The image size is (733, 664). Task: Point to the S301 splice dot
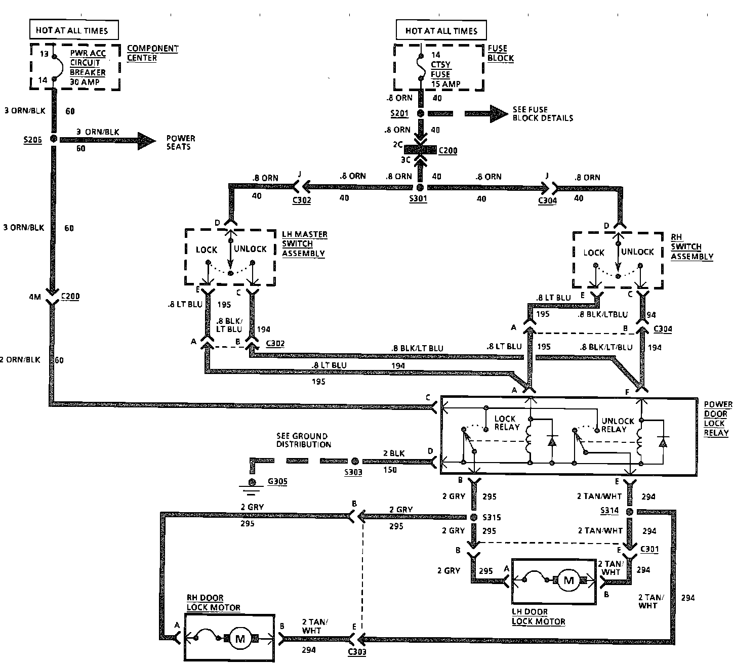pos(419,187)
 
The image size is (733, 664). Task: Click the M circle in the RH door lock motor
pos(240,639)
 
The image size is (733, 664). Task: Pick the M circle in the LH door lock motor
pos(568,580)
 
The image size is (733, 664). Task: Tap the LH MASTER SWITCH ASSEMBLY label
pos(304,244)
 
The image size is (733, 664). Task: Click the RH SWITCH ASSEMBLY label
pos(691,247)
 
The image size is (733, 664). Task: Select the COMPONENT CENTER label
pos(152,53)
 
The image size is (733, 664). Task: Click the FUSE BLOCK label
pos(500,53)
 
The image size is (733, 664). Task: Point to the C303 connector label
pos(357,652)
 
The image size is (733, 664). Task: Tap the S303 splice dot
pos(355,461)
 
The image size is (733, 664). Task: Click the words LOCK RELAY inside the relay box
pos(506,423)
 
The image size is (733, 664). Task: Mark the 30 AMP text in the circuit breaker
pos(85,82)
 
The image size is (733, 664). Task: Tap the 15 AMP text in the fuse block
pos(445,84)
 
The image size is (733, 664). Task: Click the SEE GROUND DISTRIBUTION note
pos(303,440)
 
